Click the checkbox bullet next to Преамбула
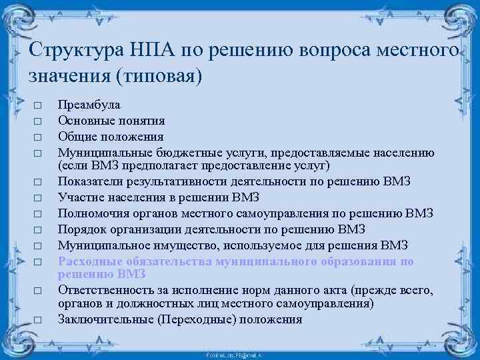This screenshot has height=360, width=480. click(x=38, y=106)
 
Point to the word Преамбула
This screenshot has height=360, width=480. click(x=89, y=105)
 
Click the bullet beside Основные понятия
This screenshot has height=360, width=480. click(x=38, y=122)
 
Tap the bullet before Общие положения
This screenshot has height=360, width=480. click(x=38, y=138)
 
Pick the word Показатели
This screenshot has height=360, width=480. click(x=91, y=181)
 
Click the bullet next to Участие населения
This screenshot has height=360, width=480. click(x=38, y=198)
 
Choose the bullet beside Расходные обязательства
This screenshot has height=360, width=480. click(x=38, y=262)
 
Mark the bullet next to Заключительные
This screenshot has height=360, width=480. click(x=38, y=320)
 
